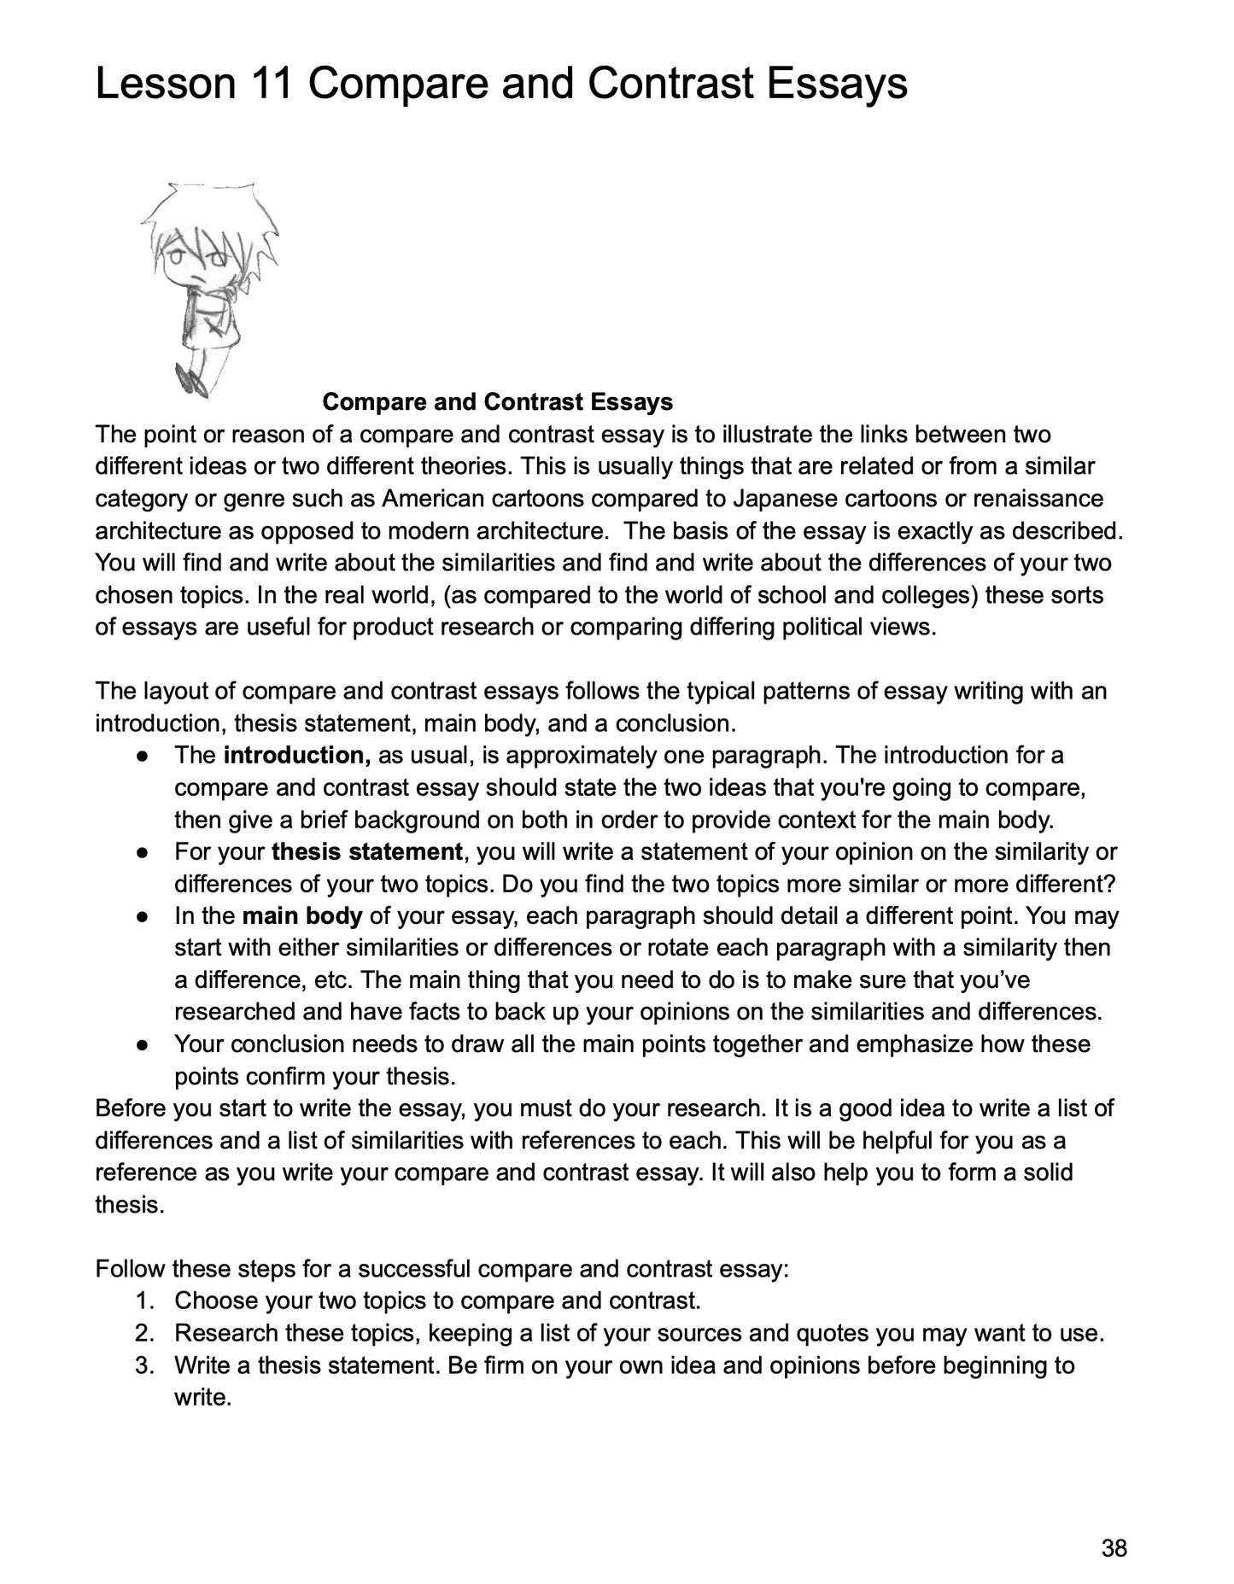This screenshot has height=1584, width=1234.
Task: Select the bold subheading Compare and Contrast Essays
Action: (x=498, y=402)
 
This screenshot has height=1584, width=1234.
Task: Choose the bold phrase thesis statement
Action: (x=367, y=852)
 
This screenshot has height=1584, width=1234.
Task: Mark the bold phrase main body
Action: (x=302, y=916)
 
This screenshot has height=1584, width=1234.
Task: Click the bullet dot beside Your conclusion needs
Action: (x=143, y=1045)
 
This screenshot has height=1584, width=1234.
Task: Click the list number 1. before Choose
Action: (x=144, y=1301)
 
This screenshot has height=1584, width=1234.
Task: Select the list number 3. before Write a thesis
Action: (x=144, y=1365)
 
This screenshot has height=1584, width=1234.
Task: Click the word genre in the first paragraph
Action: (x=228, y=499)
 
